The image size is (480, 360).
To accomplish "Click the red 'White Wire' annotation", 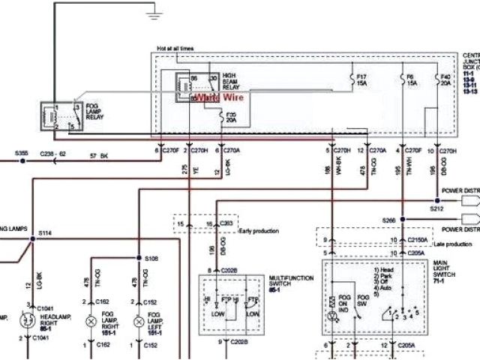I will (x=218, y=97).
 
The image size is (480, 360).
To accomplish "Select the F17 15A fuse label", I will (x=361, y=79).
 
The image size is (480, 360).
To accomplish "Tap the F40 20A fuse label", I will (x=445, y=79).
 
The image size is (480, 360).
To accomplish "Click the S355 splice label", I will (x=21, y=153).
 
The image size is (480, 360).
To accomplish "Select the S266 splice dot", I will (x=401, y=219).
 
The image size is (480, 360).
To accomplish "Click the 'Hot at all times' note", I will (x=175, y=49).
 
